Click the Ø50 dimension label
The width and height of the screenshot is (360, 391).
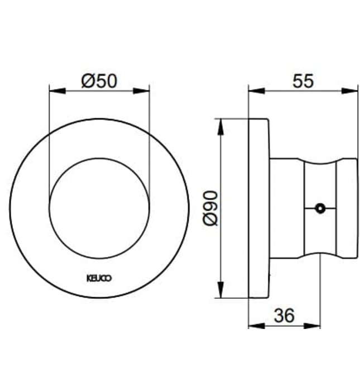(x=99, y=82)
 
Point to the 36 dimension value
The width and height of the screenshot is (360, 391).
(x=285, y=316)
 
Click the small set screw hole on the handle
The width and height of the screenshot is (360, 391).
(x=319, y=209)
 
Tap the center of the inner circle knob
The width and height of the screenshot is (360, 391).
(x=99, y=207)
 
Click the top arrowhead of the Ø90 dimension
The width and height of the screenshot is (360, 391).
(x=222, y=123)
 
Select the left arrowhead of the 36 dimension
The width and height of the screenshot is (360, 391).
(x=253, y=325)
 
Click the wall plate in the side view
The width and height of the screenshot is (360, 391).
(x=259, y=208)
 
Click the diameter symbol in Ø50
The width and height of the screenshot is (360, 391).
(x=88, y=82)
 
